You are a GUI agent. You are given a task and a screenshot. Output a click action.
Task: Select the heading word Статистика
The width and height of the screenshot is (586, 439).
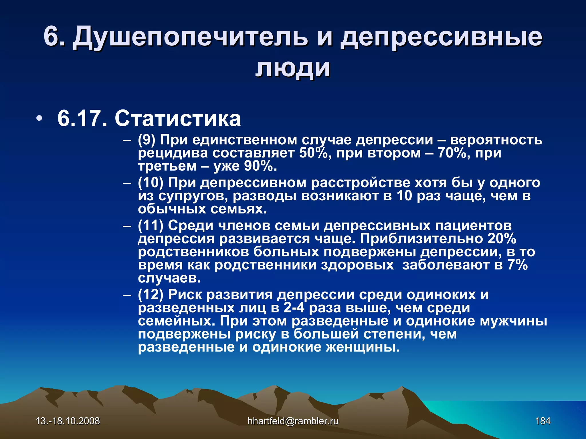[177, 118]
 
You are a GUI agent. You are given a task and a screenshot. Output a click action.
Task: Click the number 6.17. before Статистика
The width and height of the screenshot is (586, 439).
[82, 118]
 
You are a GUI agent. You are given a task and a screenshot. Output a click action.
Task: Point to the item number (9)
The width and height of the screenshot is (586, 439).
[146, 140]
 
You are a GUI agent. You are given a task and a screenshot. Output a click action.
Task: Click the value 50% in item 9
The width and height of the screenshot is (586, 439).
[313, 153]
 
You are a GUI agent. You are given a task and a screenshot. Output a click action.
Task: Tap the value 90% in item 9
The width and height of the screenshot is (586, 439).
[260, 166]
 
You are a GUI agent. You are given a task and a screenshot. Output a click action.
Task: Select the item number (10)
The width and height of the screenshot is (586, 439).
[151, 183]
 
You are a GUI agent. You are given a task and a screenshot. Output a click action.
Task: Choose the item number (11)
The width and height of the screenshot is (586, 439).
[151, 226]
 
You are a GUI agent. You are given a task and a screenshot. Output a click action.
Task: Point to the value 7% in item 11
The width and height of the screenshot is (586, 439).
[518, 265]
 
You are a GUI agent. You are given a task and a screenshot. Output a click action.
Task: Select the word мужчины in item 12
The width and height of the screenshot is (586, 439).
[513, 321]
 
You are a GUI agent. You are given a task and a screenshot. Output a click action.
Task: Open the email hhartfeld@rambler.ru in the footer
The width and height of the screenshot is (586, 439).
[293, 421]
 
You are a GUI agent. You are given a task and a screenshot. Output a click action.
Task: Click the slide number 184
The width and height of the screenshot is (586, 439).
[543, 421]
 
